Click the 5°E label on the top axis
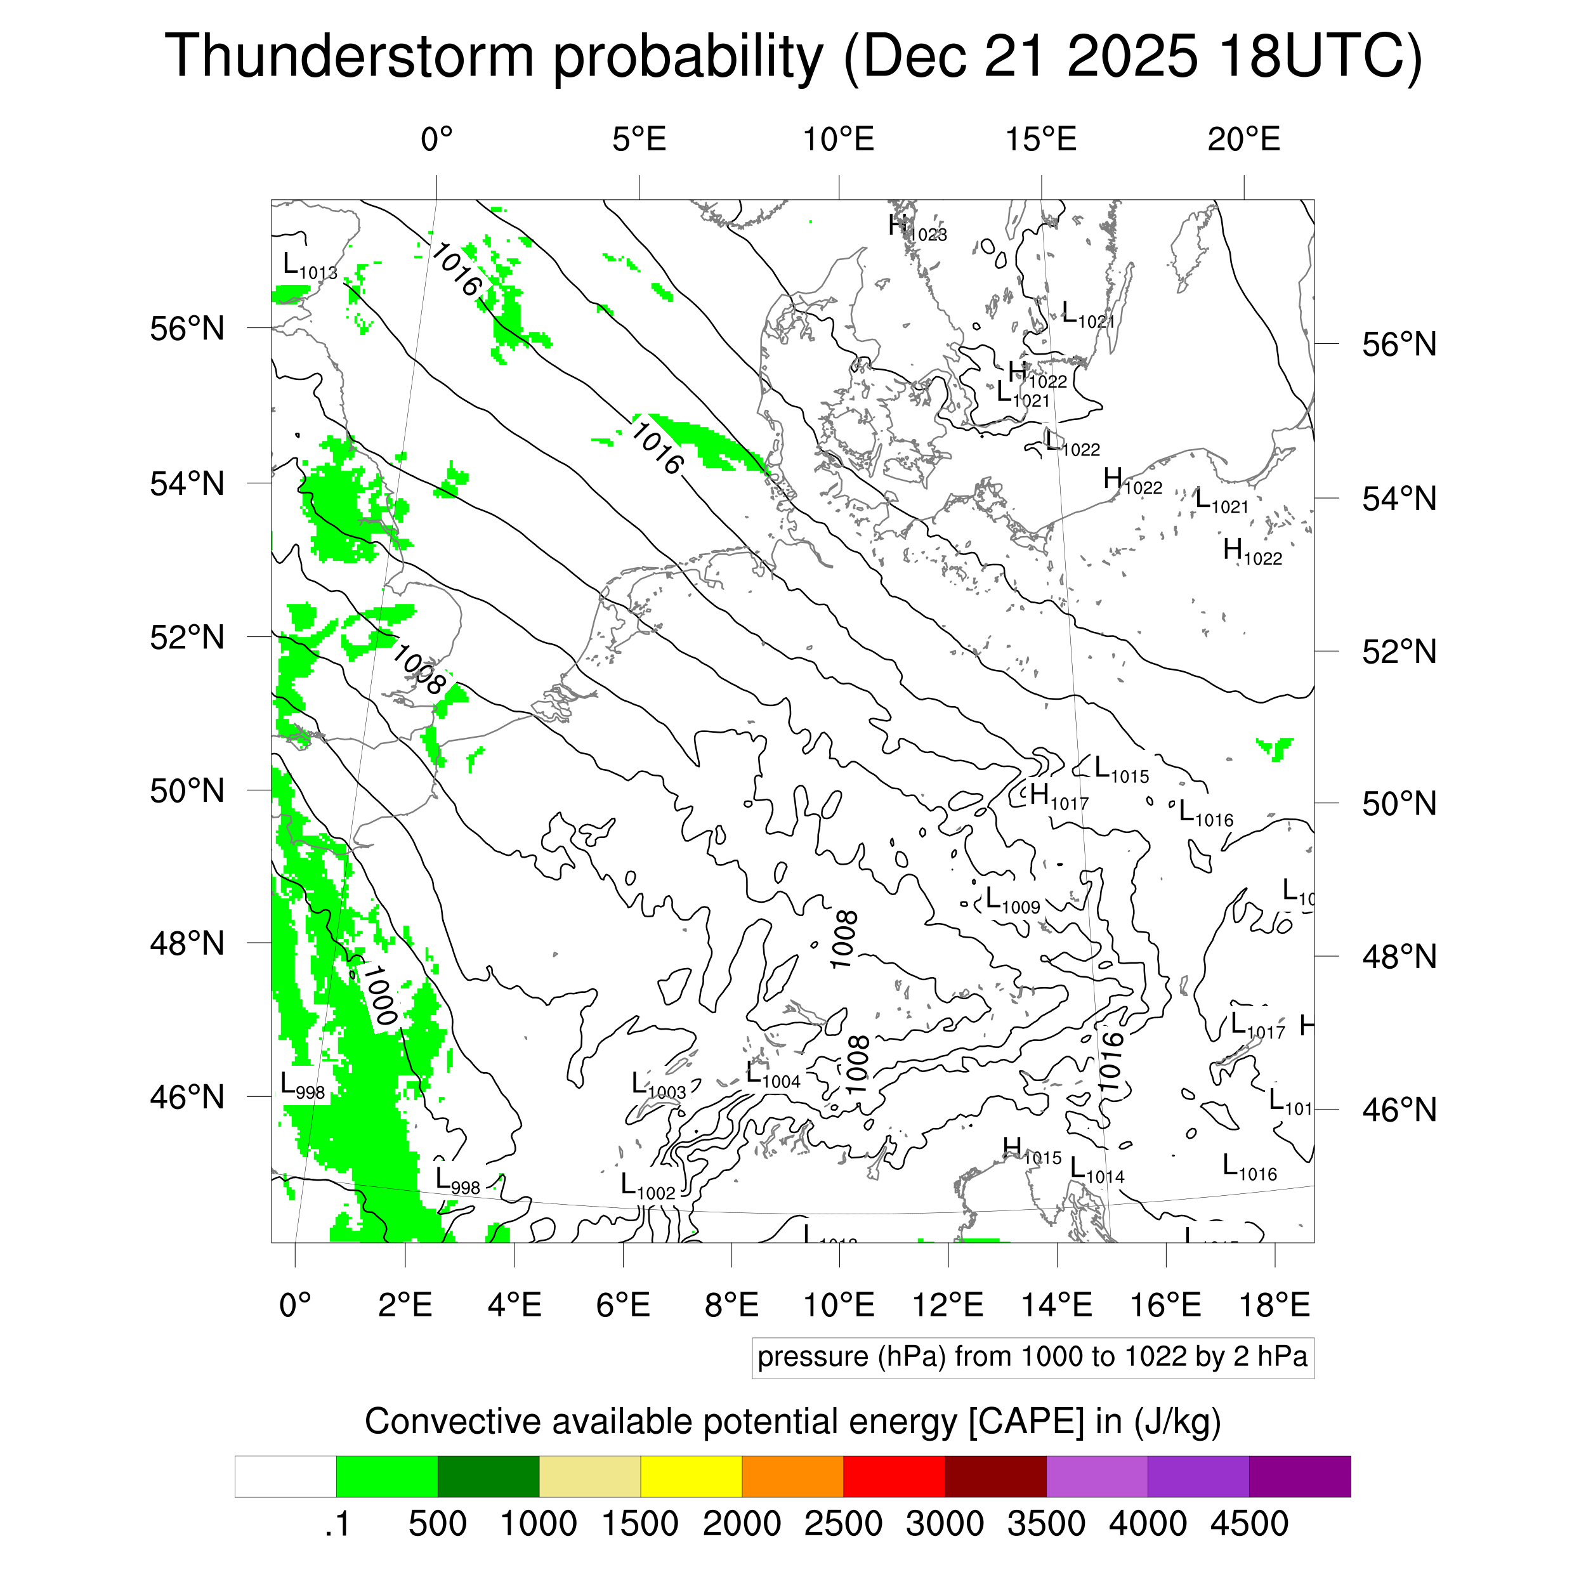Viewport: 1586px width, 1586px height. pyautogui.click(x=639, y=140)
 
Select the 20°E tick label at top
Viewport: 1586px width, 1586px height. pyautogui.click(x=1243, y=140)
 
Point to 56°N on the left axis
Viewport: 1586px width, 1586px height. pyautogui.click(x=187, y=329)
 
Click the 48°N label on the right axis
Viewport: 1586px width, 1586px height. pyautogui.click(x=1399, y=957)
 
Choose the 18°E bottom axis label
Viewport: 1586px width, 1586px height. pyautogui.click(x=1274, y=1304)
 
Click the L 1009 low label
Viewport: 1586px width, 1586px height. pyautogui.click(x=1012, y=901)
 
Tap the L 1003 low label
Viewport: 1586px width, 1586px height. pyautogui.click(x=657, y=1085)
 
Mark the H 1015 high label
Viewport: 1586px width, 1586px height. pyautogui.click(x=1031, y=1150)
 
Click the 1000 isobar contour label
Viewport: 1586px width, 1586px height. pyautogui.click(x=380, y=995)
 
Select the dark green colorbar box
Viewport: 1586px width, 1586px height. pyautogui.click(x=488, y=1477)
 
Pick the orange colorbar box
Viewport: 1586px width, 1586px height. pyautogui.click(x=792, y=1477)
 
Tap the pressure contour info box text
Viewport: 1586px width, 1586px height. pyautogui.click(x=1032, y=1357)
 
